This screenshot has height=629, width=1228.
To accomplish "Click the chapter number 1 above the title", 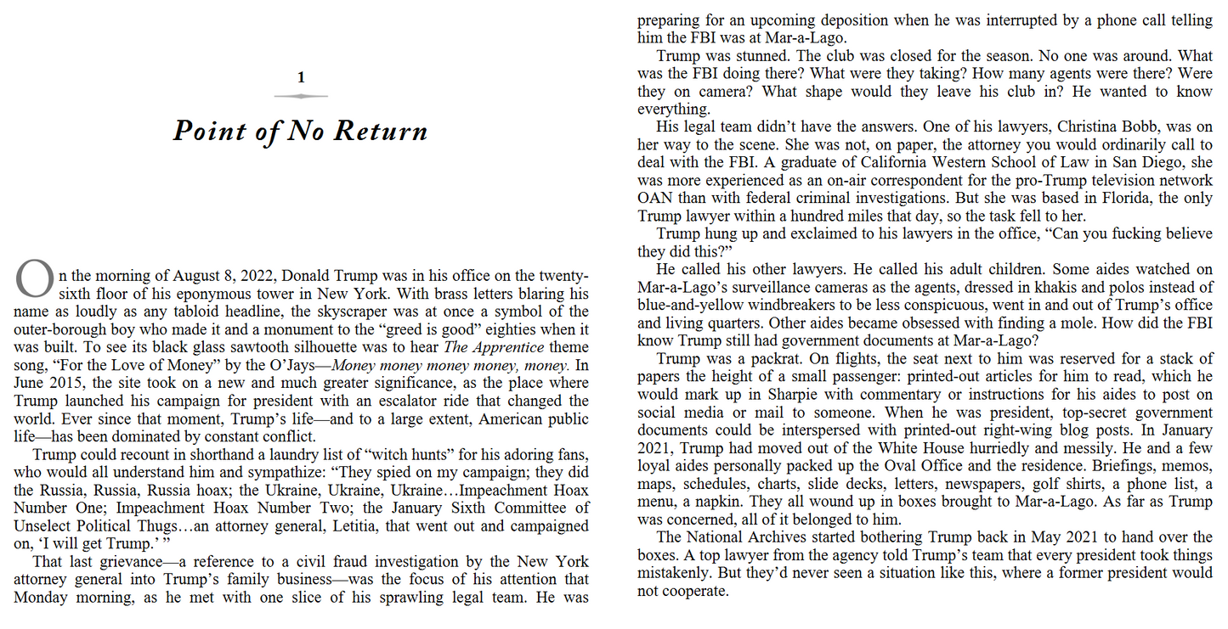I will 301,78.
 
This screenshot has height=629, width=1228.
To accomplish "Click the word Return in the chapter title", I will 380,132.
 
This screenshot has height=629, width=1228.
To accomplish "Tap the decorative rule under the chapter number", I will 301,97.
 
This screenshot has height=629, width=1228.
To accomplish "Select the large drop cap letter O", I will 34,278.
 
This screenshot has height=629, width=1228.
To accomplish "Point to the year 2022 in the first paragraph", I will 253,276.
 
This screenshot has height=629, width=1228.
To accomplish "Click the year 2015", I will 71,384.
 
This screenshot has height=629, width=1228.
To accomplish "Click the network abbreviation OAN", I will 655,199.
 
